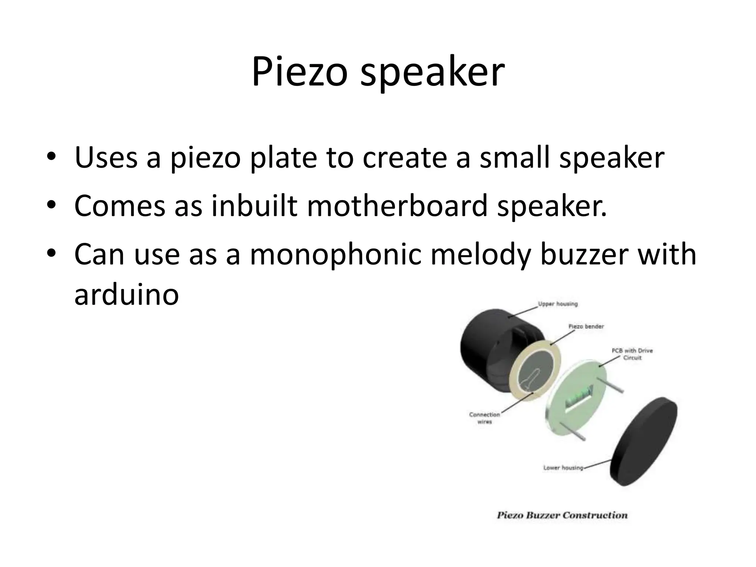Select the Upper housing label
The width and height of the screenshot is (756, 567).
point(558,304)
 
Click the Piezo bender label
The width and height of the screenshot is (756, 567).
point(586,326)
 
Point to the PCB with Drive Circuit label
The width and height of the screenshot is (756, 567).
point(632,354)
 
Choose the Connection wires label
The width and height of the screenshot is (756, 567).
point(484,418)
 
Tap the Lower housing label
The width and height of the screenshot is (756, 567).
point(563,468)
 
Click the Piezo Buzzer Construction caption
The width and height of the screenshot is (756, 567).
point(562,515)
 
